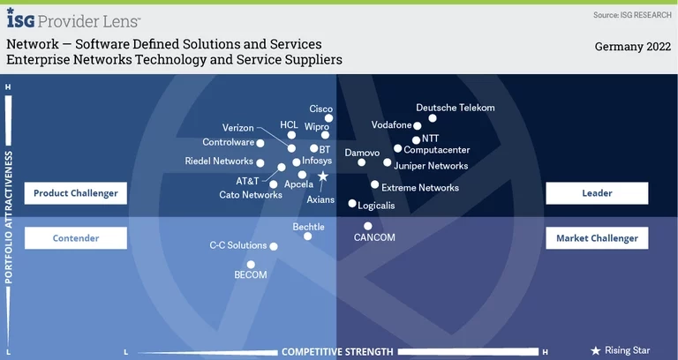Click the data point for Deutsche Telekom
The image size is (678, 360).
coord(433,118)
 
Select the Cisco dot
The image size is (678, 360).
coord(328,118)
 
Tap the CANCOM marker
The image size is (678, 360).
coord(368,226)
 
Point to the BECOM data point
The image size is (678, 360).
coord(251,264)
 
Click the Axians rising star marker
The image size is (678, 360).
coord(323,176)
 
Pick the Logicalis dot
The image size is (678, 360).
coord(352,204)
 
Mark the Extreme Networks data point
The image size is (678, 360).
coord(374,185)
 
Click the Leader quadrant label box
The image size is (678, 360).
coord(597,192)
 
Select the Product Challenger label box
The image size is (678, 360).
coord(76,193)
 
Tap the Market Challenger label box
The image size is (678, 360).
coord(597,238)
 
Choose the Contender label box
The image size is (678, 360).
coord(76,238)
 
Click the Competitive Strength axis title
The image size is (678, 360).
coord(337,352)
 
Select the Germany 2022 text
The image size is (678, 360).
coord(633,47)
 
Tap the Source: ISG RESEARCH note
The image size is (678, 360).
coord(632,15)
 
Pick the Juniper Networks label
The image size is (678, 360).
coord(431,165)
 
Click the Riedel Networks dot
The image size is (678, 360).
coord(260,161)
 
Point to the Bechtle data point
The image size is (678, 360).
coord(307,236)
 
